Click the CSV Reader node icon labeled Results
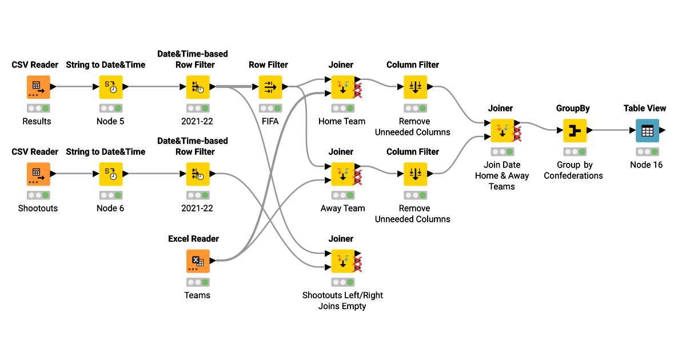tap(38, 87)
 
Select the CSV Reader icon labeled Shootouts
tap(38, 174)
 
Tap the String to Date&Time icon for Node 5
tap(111, 87)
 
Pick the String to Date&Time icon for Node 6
tap(111, 174)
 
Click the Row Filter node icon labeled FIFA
tap(270, 87)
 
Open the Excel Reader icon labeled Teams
tap(198, 261)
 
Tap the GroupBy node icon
tap(575, 130)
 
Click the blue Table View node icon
tap(647, 130)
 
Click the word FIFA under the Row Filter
tap(270, 121)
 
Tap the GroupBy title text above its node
tap(573, 108)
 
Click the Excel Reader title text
tap(193, 239)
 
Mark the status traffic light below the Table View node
tap(647, 152)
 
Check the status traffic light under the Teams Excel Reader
tap(198, 282)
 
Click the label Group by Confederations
tap(573, 170)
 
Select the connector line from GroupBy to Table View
tap(612, 130)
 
